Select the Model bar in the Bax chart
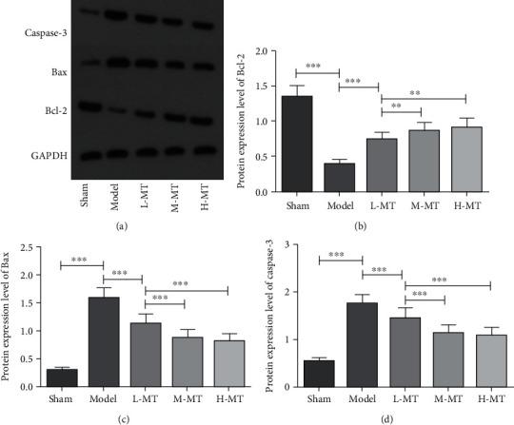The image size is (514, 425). tap(103, 332)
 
